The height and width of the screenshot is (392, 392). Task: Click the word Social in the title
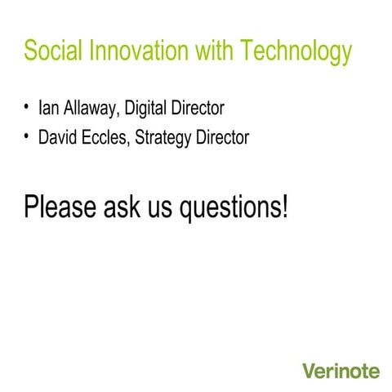click(50, 51)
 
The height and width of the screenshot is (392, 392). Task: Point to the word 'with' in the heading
click(213, 51)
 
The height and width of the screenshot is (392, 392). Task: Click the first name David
click(59, 138)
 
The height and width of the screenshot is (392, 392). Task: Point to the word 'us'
click(163, 207)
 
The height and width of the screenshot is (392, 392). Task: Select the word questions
click(230, 207)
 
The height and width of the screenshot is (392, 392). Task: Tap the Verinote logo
click(341, 372)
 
